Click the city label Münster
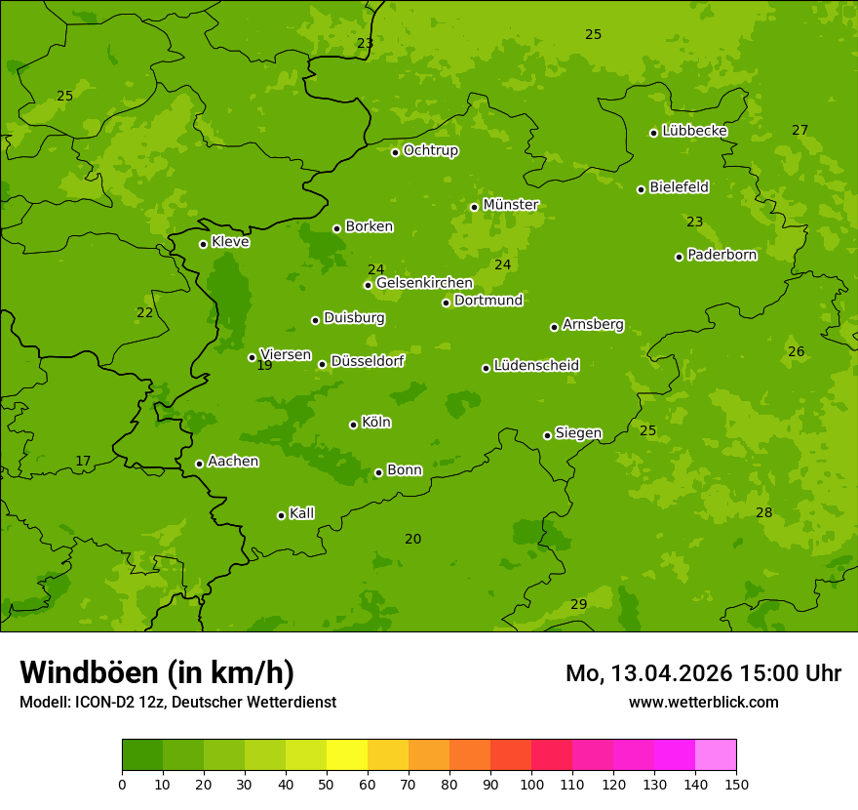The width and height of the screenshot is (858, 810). pos(510,205)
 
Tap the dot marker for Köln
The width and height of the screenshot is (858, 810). pos(353,425)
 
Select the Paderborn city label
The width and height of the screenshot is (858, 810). pos(721,255)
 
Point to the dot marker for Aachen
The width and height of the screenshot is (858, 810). pos(199,464)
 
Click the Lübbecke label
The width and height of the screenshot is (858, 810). pos(694,131)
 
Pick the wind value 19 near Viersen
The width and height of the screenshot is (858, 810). pos(264,366)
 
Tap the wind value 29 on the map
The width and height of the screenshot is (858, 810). pos(578,605)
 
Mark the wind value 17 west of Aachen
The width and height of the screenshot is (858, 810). pos(83,462)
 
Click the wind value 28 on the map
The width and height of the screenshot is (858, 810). pos(763,513)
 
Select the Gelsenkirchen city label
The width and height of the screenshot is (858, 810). pos(424,283)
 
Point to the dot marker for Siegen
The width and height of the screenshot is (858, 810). pos(547,435)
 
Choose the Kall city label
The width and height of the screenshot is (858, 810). pos(301,513)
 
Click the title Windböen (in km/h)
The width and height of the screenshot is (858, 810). pos(157,672)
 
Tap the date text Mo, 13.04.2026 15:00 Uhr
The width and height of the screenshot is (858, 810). pos(703,673)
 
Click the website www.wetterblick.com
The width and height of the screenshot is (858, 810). pos(703,703)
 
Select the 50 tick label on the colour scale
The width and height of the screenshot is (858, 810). pos(327,784)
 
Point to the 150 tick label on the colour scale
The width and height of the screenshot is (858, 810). pos(736,784)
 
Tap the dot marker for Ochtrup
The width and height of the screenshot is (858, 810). pos(395,152)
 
